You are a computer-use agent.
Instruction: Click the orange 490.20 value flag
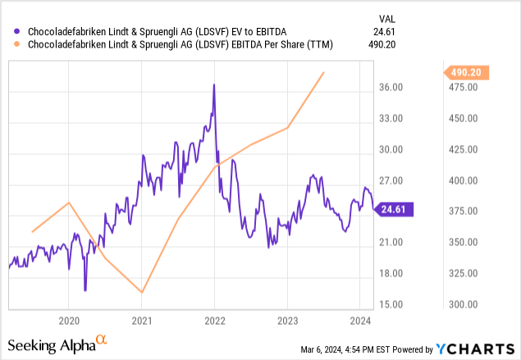[x=469, y=73]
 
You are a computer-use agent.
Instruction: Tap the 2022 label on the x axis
[x=214, y=318]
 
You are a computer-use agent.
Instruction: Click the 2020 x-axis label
[x=69, y=318]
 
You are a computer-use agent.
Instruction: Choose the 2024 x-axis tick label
[x=359, y=318]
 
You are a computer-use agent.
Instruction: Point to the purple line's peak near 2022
[x=213, y=84]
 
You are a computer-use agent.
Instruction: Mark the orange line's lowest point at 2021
[x=142, y=292]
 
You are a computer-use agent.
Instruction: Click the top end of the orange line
[x=324, y=72]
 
